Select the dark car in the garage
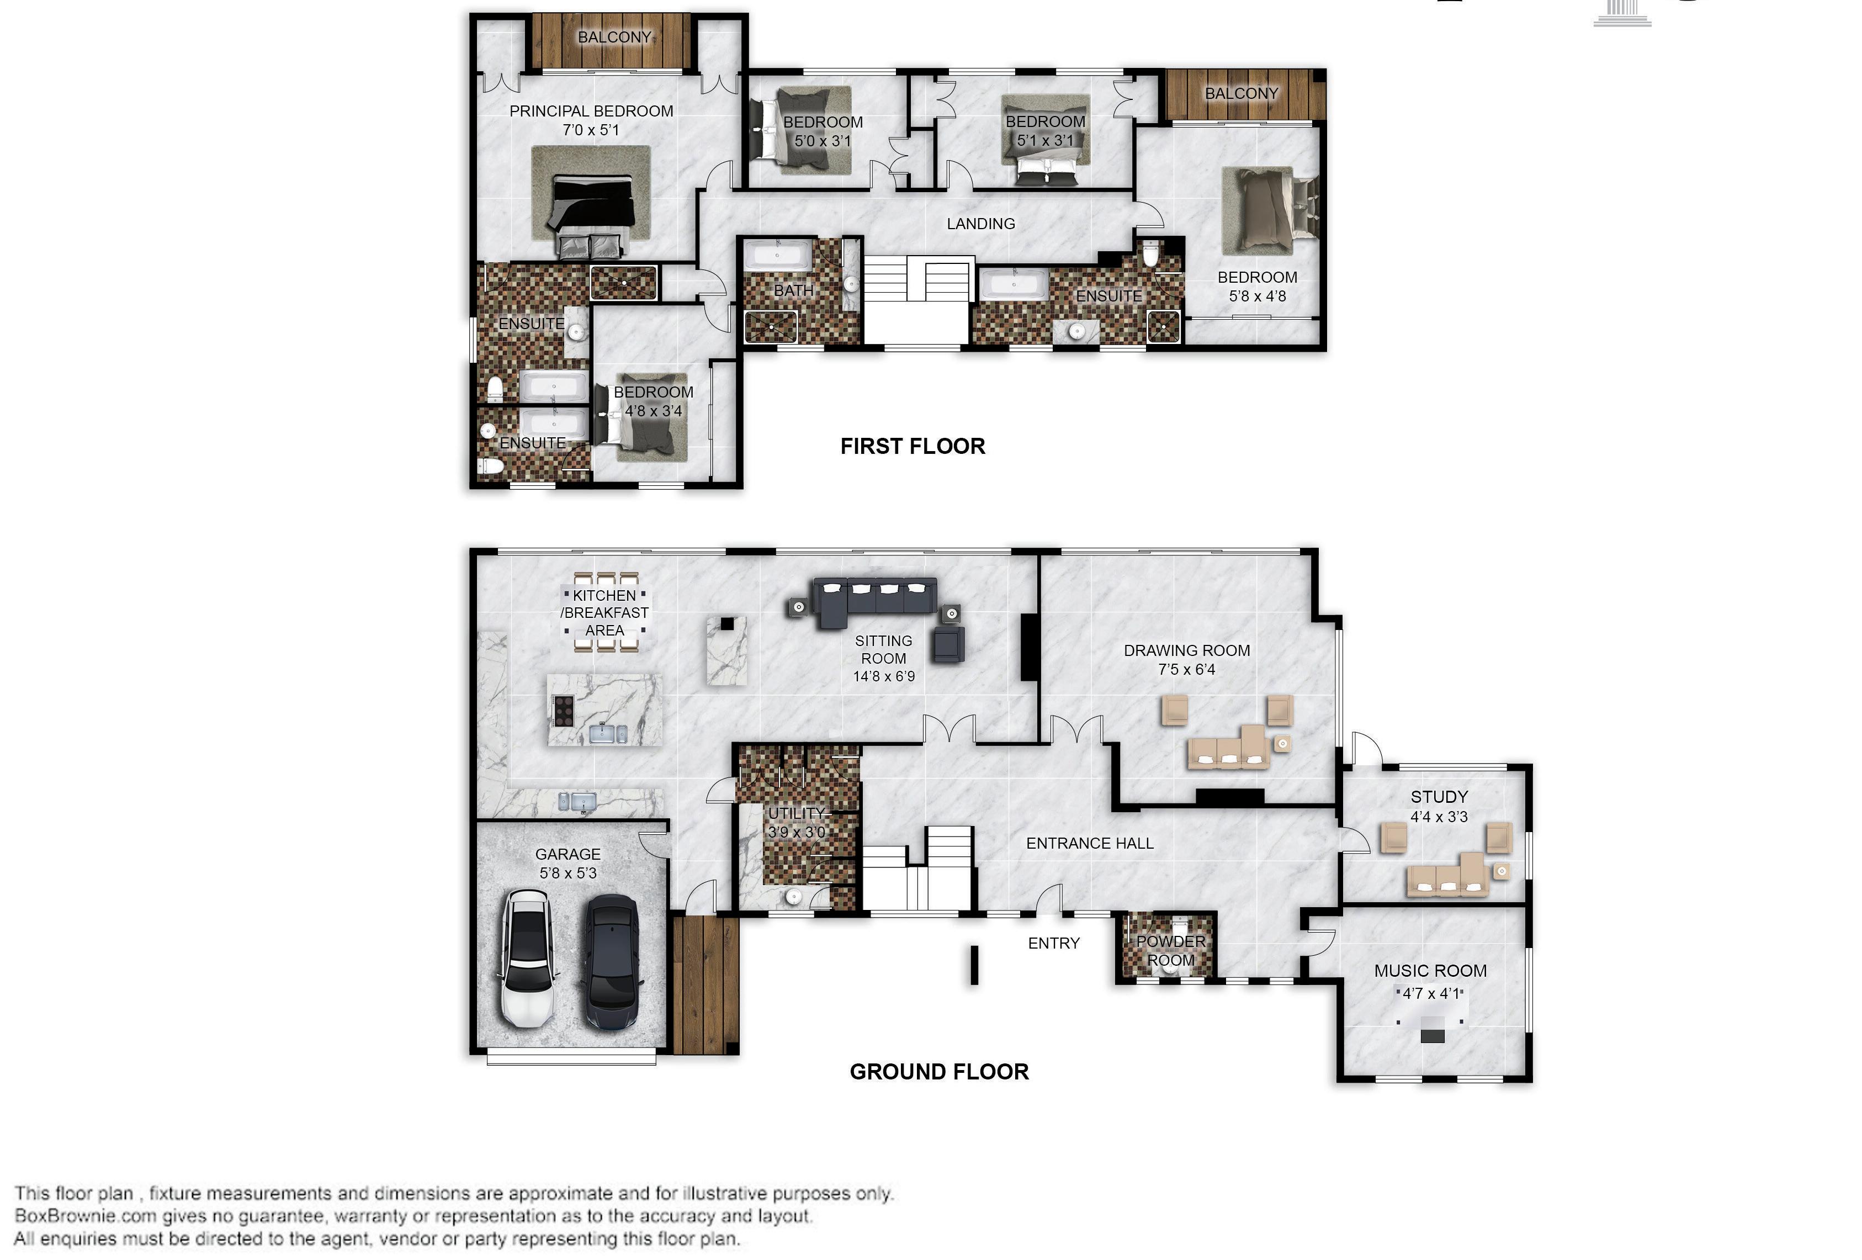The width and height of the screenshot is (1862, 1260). [x=612, y=962]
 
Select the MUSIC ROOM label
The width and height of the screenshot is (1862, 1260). [x=1430, y=971]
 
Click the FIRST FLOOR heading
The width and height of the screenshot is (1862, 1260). [x=913, y=447]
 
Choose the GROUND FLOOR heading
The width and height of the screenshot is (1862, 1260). [x=939, y=1072]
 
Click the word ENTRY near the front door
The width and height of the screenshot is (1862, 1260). [x=1054, y=944]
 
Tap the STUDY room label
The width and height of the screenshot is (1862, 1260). [x=1439, y=797]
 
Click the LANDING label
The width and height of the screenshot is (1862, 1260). [x=980, y=224]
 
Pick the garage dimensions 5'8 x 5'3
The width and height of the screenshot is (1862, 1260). [x=568, y=873]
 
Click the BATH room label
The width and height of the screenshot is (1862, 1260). [x=793, y=290]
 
